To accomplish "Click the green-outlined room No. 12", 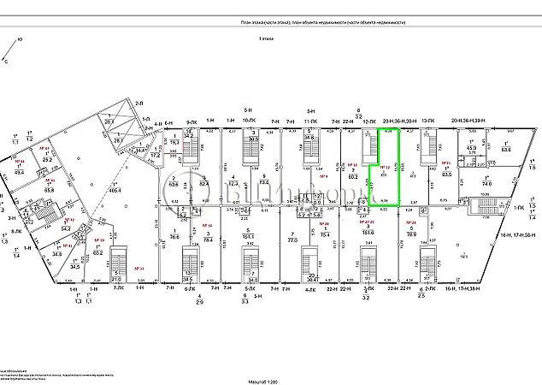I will pos(384,175).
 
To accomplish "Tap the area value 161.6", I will pos(368,232).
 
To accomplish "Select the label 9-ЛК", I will pos(192,123).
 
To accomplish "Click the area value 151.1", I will pos(248,232).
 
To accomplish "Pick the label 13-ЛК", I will pos(429,122).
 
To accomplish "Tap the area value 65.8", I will pos(50,189).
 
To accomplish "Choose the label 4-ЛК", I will pos(311,290).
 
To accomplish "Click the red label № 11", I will pos(445,162).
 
